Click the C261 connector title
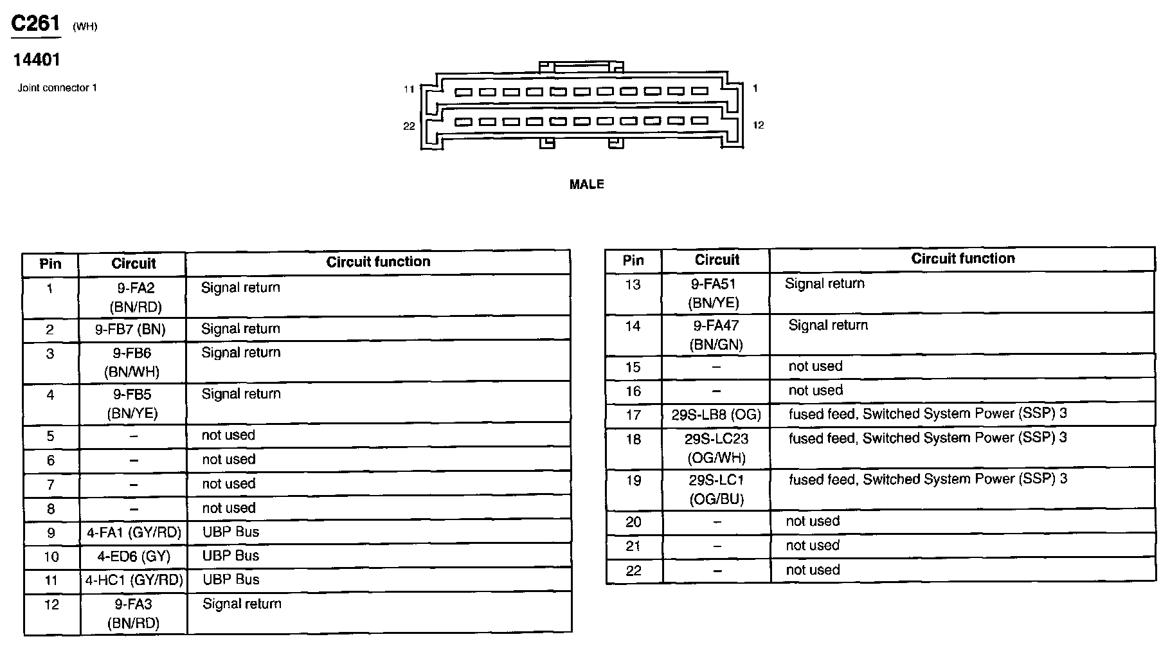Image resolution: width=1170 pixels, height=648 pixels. point(36,24)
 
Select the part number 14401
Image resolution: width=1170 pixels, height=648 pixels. point(37,60)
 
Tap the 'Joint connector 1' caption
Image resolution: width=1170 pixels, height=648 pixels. point(57,88)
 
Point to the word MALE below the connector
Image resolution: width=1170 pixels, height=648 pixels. point(586,185)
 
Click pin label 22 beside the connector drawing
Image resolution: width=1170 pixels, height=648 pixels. point(409,126)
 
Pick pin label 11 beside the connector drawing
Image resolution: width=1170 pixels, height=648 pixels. point(409,89)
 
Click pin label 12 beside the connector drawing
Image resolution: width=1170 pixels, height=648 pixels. point(759,125)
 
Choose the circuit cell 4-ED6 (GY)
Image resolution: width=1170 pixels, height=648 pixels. point(133,557)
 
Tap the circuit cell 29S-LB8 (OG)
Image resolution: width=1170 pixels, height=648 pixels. point(716,415)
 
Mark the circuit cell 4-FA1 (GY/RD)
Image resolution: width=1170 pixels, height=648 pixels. point(134,532)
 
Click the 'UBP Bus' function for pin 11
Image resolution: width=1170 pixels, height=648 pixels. point(231,580)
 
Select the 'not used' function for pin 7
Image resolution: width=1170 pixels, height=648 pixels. point(229,484)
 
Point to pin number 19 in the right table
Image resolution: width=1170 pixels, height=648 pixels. point(633,481)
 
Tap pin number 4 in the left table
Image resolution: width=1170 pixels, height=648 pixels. point(50,395)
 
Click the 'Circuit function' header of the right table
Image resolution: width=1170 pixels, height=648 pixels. point(962,259)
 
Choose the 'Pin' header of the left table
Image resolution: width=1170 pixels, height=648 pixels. point(50,264)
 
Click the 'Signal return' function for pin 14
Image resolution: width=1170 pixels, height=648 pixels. point(828,326)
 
